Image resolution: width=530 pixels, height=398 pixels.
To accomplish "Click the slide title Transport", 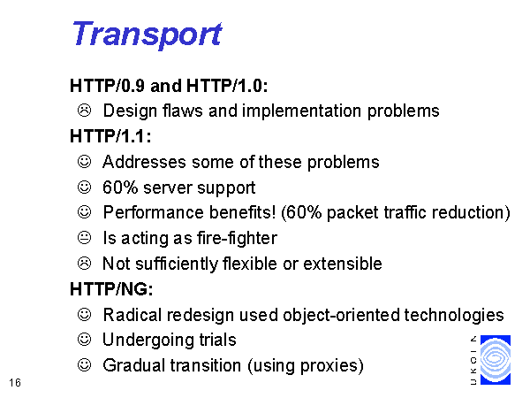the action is [x=148, y=35].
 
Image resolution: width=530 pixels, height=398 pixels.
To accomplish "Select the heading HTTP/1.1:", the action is [x=110, y=136].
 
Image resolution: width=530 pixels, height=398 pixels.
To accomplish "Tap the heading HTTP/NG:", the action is [x=111, y=289].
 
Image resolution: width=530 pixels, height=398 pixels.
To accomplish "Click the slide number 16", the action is [x=15, y=383].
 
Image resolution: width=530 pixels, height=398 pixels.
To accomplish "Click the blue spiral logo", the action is [x=496, y=360].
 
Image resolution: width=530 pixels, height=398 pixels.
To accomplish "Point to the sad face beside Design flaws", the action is [x=84, y=111].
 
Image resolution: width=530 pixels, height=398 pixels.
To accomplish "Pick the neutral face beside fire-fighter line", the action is [x=84, y=238].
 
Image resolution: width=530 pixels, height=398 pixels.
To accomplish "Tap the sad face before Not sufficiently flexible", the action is [x=84, y=264].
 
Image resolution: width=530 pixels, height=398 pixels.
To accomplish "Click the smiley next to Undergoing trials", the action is [x=84, y=339].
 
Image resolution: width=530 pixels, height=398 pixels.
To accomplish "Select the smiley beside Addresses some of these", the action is [x=84, y=162].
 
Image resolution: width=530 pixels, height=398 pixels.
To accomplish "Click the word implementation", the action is [x=301, y=111].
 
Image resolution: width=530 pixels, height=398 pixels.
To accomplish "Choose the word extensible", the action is [x=343, y=264].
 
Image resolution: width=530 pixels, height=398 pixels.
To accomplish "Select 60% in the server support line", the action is [x=120, y=188].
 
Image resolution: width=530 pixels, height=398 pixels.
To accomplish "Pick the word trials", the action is [x=217, y=341].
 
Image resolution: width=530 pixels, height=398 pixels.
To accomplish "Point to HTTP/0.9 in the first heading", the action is [x=107, y=86].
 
